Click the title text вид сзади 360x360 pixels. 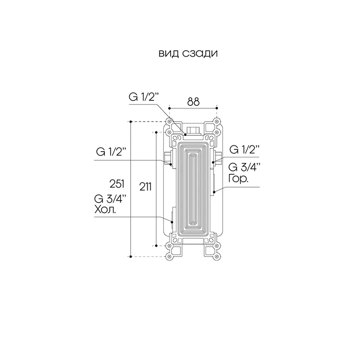click(x=188, y=54)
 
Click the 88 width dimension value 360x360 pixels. click(x=193, y=102)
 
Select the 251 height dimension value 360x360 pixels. click(x=117, y=184)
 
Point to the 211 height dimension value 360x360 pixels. click(x=145, y=187)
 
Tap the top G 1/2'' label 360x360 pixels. click(x=144, y=97)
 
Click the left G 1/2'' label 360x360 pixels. click(x=111, y=152)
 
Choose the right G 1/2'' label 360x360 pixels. click(x=244, y=150)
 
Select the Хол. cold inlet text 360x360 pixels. click(x=105, y=209)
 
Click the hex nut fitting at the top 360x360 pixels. click(x=193, y=130)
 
